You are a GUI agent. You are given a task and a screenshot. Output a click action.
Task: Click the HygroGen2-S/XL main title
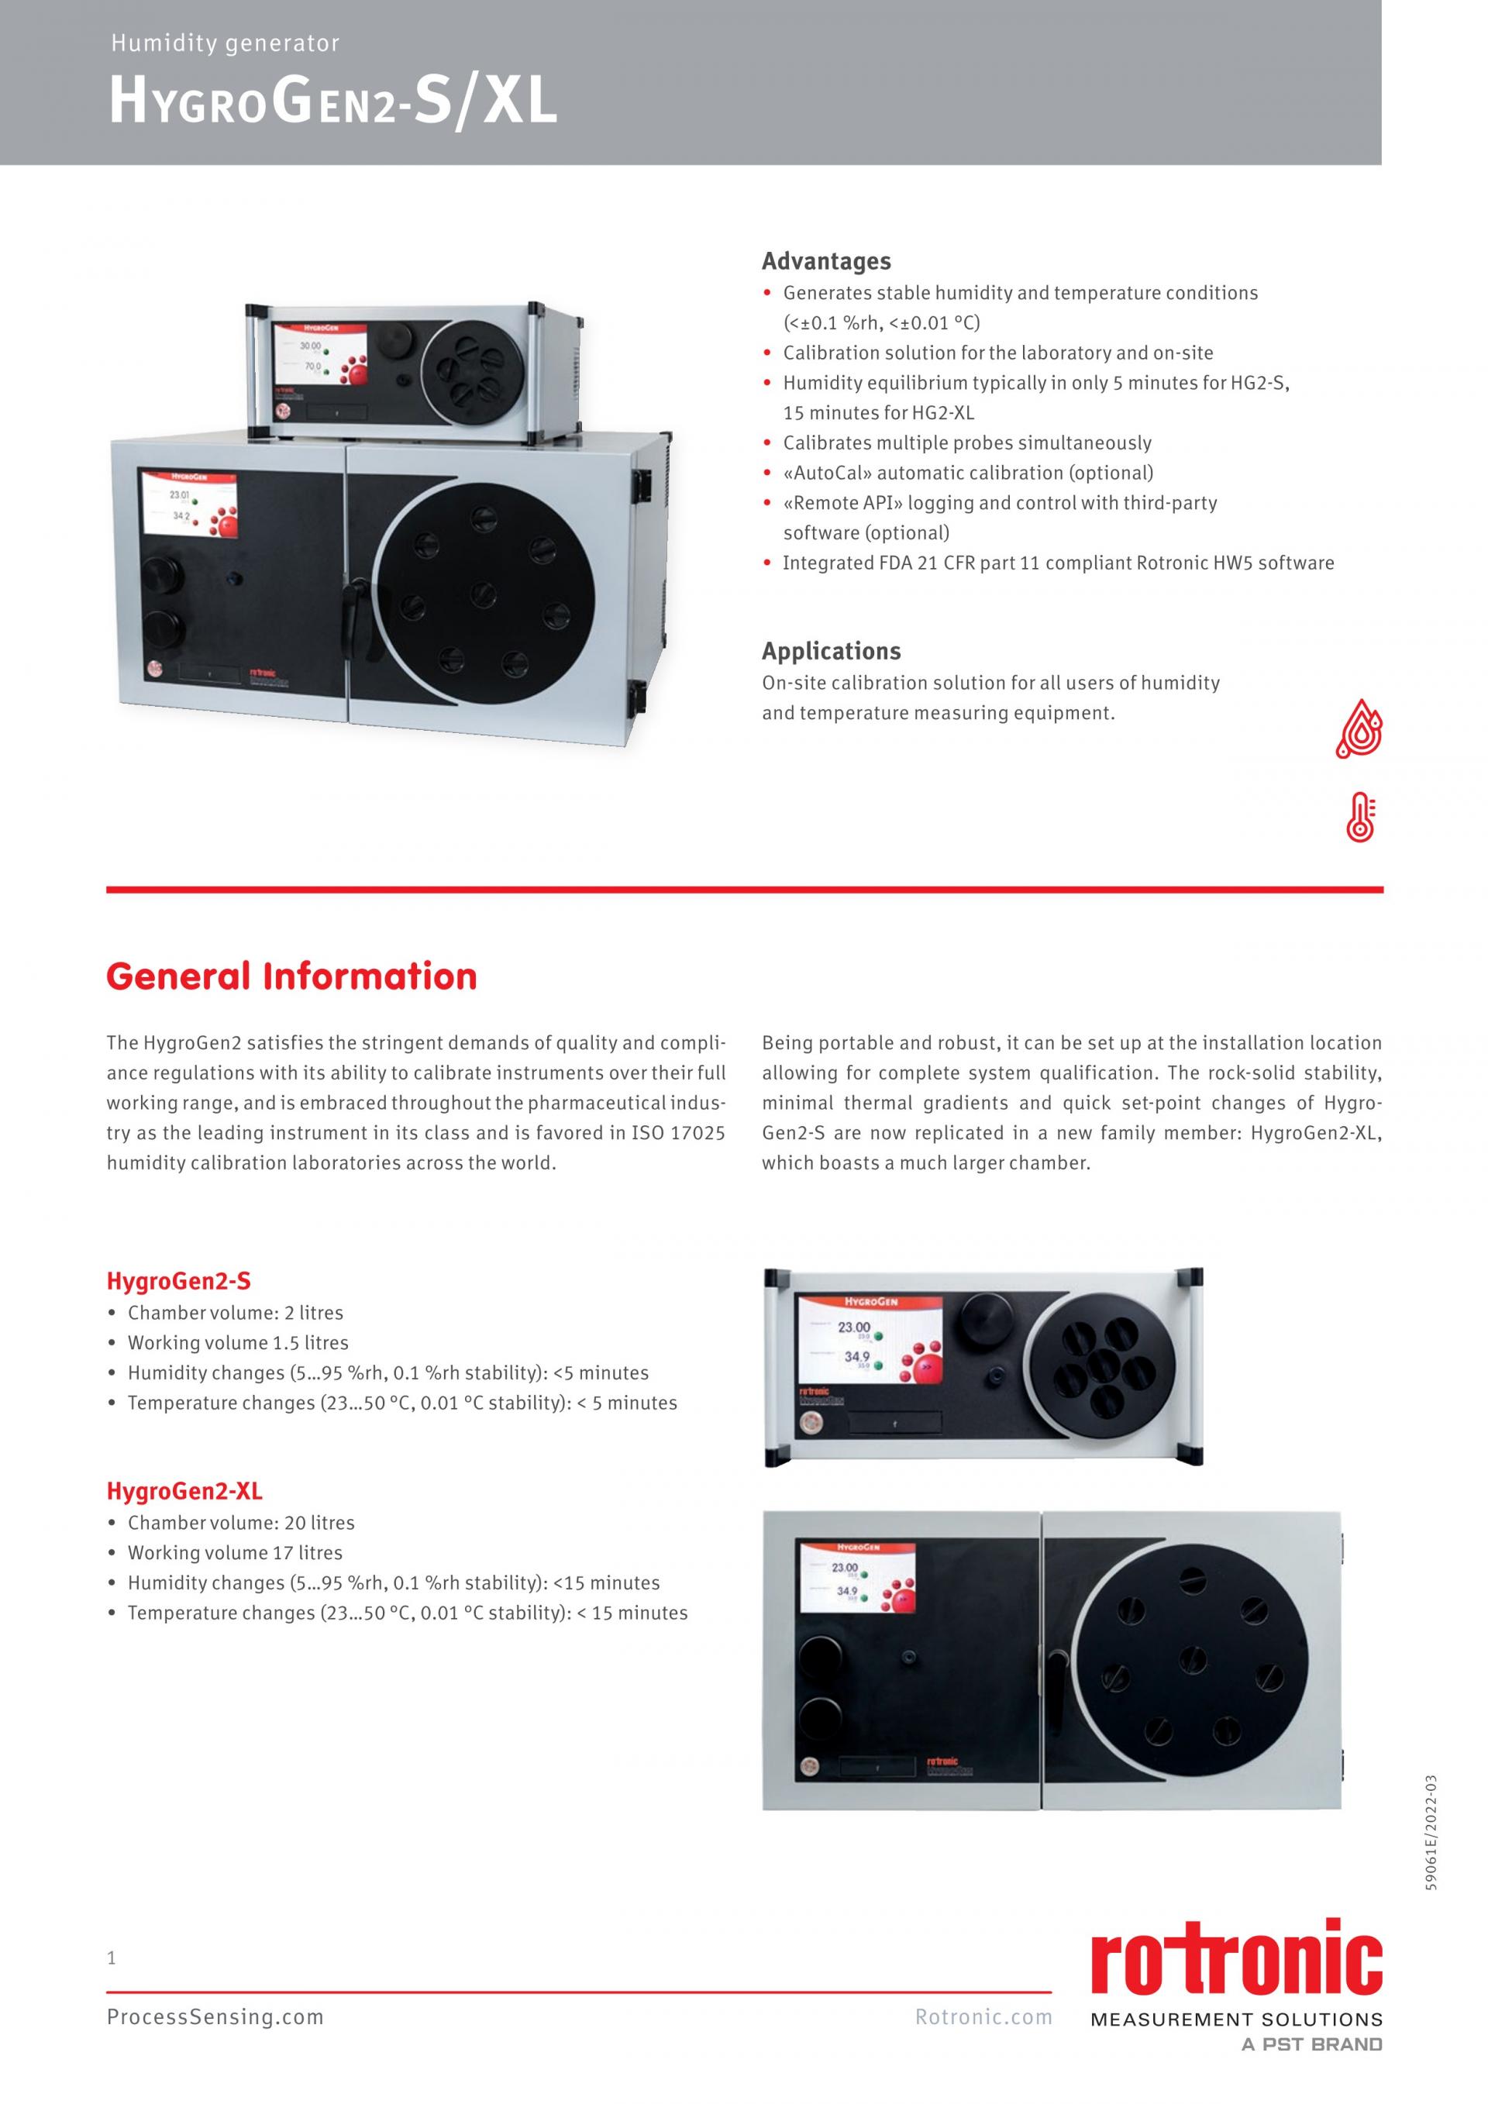coord(332,102)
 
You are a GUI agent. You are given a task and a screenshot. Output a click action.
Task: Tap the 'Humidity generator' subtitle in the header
coord(226,43)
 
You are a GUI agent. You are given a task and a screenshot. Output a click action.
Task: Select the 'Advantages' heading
coord(825,261)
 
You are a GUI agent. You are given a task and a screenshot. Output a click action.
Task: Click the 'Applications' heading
coord(831,651)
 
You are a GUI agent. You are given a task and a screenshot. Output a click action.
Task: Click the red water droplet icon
coord(1359,729)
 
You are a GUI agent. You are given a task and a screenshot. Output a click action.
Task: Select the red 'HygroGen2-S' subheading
coord(179,1280)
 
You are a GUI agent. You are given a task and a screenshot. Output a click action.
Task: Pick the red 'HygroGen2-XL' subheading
coord(184,1491)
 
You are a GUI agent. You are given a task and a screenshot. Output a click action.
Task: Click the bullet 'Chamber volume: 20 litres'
coord(241,1523)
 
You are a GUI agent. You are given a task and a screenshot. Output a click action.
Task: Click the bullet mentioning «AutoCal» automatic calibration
coord(967,473)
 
